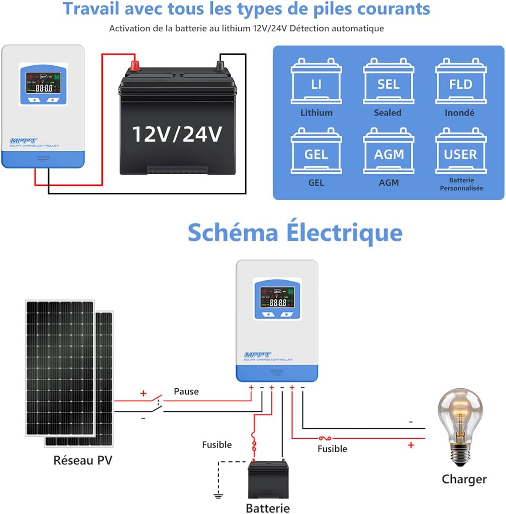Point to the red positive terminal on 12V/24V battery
click(135, 63)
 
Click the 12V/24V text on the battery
click(177, 134)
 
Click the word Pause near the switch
click(186, 391)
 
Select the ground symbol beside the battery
click(219, 494)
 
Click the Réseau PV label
click(83, 460)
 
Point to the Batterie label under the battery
click(268, 508)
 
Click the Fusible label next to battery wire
click(217, 445)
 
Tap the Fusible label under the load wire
click(332, 449)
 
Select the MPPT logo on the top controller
click(22, 141)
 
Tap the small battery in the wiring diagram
click(268, 479)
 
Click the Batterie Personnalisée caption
click(461, 184)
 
